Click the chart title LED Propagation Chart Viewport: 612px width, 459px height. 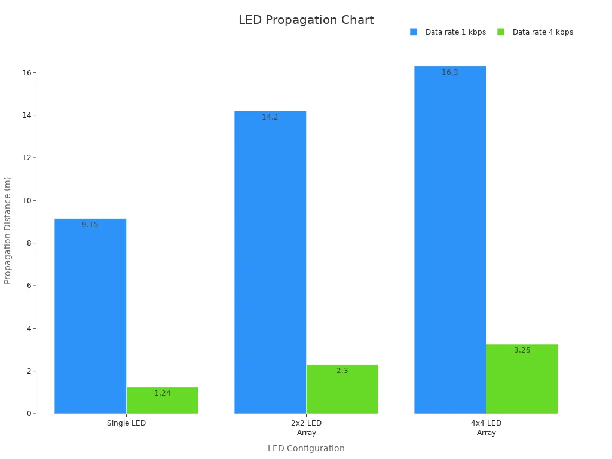point(306,20)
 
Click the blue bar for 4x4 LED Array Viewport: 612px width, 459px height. point(450,239)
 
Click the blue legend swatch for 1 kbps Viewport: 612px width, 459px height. point(414,32)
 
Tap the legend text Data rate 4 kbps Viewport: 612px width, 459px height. point(543,32)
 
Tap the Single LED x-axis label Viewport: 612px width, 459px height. point(126,423)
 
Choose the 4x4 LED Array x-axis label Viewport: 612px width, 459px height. point(486,428)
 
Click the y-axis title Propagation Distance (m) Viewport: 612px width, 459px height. point(8,230)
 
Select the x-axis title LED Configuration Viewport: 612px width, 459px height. point(306,448)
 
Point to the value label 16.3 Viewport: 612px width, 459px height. point(450,73)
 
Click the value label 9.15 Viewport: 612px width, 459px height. point(90,225)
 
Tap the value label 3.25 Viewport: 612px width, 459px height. point(522,350)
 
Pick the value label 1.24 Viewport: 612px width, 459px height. point(162,393)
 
